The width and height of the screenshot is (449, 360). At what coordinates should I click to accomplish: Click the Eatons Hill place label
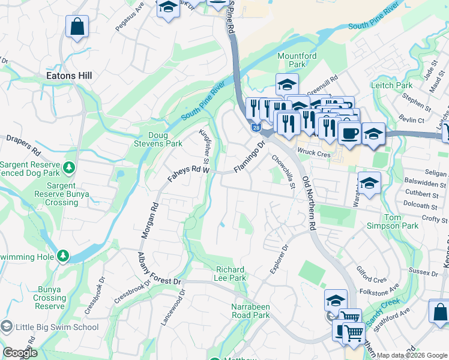tap(70, 76)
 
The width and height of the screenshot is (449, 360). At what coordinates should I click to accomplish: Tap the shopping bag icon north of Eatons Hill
tap(77, 27)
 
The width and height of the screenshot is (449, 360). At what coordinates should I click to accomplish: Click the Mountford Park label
tap(297, 60)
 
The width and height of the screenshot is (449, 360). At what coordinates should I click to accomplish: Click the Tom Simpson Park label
tap(401, 221)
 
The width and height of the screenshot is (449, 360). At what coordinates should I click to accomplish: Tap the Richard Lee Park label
tap(230, 274)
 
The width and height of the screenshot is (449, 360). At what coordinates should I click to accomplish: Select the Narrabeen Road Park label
tap(250, 310)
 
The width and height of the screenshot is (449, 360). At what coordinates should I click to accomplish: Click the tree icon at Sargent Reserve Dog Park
tap(70, 166)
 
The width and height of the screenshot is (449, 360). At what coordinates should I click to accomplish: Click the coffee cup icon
tap(349, 133)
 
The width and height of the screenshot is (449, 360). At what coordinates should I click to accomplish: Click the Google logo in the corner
tap(20, 353)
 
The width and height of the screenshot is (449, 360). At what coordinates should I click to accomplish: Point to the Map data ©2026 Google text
tap(412, 355)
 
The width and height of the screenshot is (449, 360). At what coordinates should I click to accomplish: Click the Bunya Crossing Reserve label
tap(49, 298)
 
